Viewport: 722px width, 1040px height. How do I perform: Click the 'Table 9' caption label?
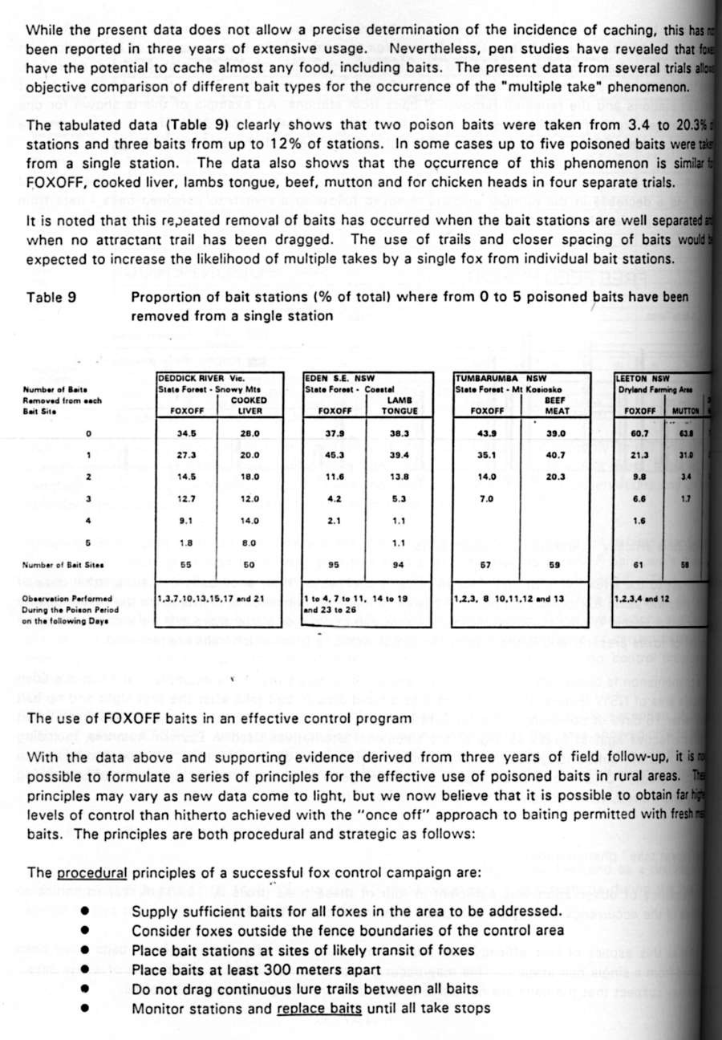click(x=52, y=297)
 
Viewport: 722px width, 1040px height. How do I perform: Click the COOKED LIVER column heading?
click(x=249, y=404)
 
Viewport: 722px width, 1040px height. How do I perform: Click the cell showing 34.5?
click(x=187, y=433)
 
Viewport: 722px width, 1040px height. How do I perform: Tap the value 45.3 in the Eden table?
click(x=335, y=455)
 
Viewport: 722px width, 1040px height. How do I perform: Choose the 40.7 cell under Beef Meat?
click(x=555, y=455)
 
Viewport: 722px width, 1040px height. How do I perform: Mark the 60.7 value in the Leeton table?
click(x=639, y=433)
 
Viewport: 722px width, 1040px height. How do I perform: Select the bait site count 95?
click(x=335, y=565)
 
